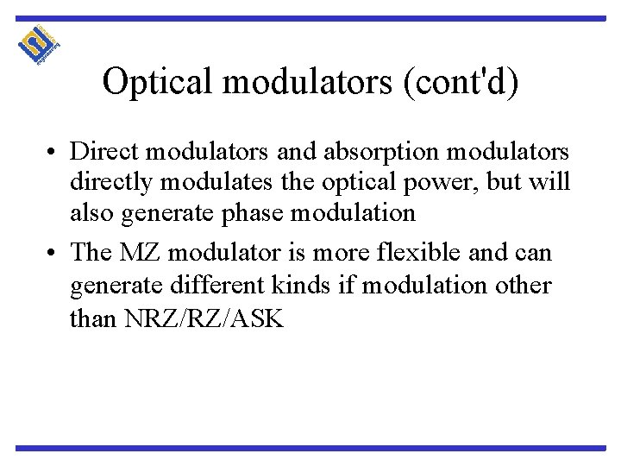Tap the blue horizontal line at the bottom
click(310, 448)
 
